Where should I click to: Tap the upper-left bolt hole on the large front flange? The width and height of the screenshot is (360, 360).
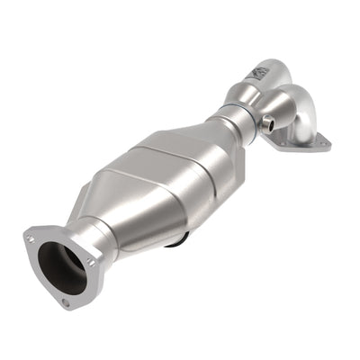[x=31, y=238]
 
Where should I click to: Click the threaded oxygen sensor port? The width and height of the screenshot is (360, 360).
[x=269, y=123]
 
